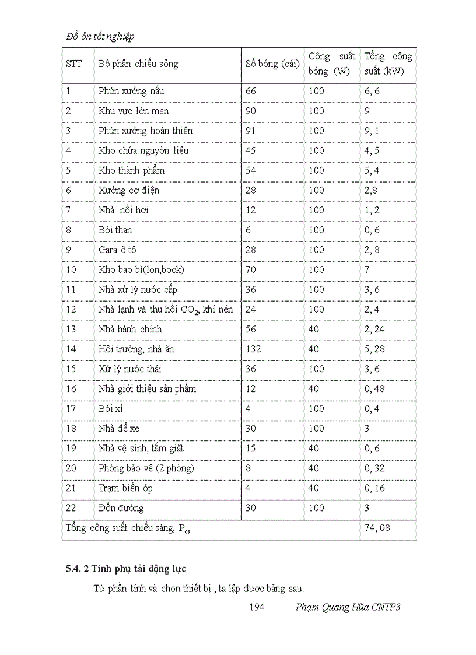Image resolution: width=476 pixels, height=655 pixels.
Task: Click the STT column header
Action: point(73,64)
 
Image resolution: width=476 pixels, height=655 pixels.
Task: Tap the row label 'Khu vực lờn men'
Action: point(134,111)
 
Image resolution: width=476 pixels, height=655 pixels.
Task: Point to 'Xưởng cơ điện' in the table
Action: point(129,190)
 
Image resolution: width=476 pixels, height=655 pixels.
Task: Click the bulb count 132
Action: point(253,349)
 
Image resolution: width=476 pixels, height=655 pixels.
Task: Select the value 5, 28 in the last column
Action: point(376,349)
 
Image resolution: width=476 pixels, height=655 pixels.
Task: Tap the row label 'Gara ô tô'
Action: point(117,250)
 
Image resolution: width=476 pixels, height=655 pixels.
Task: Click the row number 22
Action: point(71,507)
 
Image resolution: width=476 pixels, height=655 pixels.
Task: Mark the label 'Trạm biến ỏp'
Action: point(125,488)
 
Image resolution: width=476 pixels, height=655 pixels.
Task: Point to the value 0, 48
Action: point(376,388)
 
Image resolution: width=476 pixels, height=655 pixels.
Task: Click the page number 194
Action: point(257,607)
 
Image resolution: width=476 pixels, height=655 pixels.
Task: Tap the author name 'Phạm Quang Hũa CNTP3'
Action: point(348,607)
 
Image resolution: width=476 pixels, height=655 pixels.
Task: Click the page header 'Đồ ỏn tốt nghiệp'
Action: point(100,36)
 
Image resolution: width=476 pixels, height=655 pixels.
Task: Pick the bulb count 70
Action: point(251,269)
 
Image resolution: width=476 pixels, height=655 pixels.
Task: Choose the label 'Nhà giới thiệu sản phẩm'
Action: point(147,388)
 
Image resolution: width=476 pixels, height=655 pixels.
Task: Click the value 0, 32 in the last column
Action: point(376,468)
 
